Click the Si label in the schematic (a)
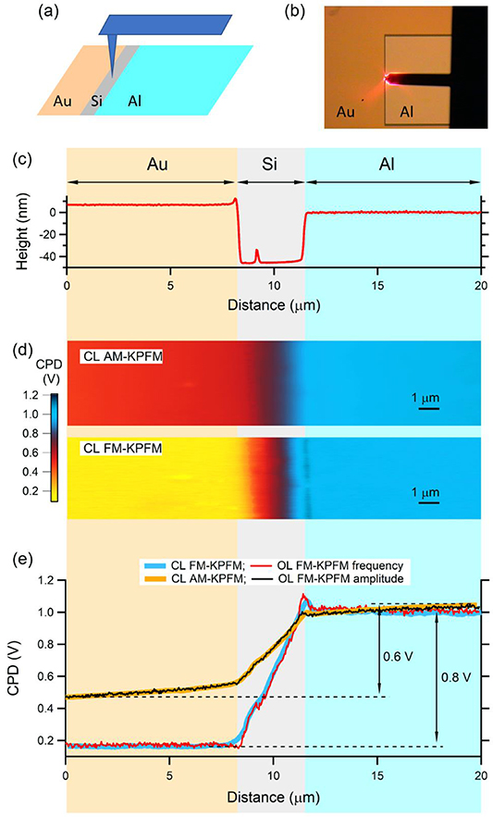[x=96, y=102]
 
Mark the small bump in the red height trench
[x=258, y=254]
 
